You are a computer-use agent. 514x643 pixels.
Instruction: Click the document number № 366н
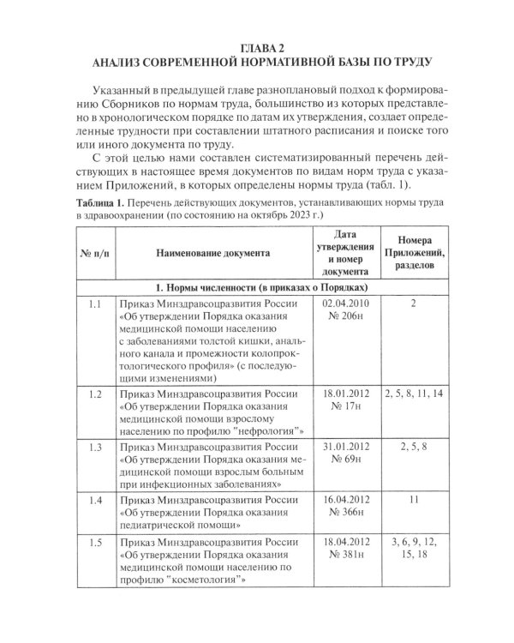tap(343, 511)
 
